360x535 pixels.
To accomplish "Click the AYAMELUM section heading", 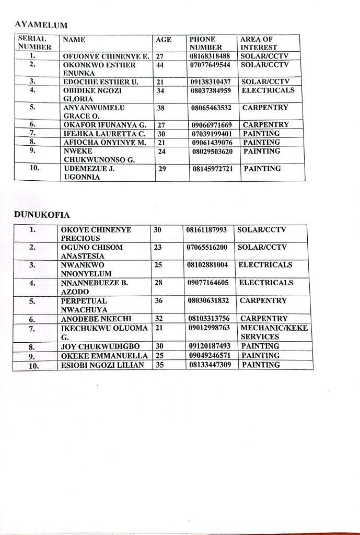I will click(41, 24).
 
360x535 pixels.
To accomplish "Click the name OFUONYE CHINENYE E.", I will click(107, 56).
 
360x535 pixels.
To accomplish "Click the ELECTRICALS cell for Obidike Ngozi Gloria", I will click(268, 90).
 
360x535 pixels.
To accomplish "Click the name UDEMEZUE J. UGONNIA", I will click(89, 173).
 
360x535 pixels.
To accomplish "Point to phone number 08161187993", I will click(207, 230).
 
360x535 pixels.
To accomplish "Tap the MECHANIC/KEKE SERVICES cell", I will click(274, 332).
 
